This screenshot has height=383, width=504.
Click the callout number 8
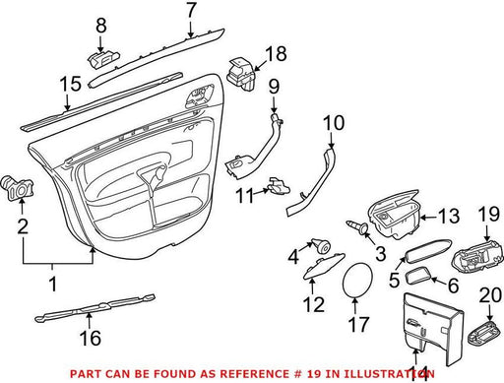tap(101, 25)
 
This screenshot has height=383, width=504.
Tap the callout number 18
tap(277, 53)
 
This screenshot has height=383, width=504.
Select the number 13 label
tap(449, 216)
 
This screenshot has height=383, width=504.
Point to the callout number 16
tap(91, 338)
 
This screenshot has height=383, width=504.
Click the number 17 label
tap(358, 324)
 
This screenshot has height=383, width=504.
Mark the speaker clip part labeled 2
tap(19, 188)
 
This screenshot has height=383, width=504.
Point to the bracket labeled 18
tap(241, 74)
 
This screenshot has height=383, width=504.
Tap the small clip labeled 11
tap(280, 186)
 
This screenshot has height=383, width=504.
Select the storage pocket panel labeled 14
tap(433, 330)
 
